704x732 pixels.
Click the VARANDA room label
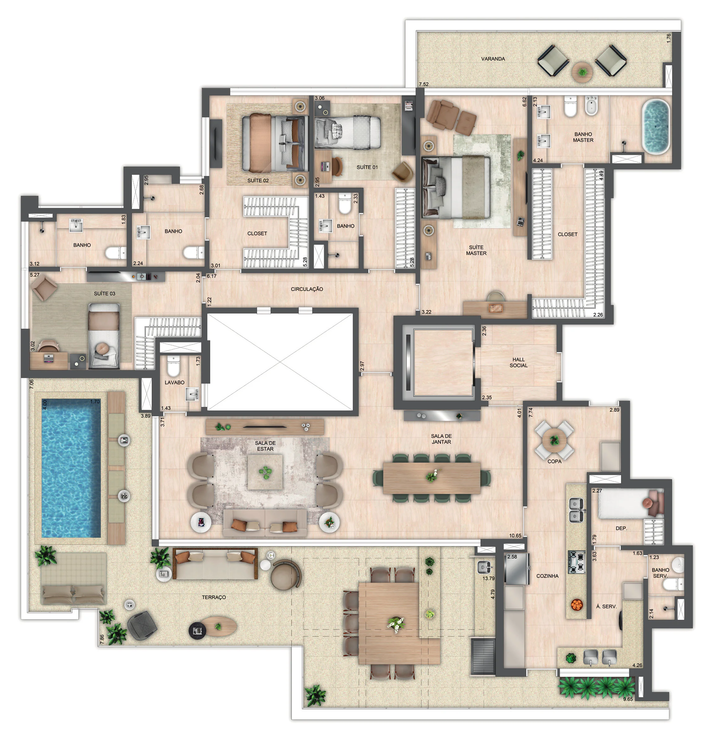(493, 59)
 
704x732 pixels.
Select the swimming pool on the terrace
(71, 468)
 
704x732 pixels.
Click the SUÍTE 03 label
(105, 294)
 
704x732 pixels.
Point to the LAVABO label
(174, 383)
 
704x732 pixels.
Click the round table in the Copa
(554, 440)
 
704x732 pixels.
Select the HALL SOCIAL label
(519, 362)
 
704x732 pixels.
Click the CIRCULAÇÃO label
(307, 289)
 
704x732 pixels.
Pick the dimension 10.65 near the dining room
(515, 536)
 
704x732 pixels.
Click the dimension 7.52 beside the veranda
(424, 84)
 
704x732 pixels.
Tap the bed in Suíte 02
(275, 143)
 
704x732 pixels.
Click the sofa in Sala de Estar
(265, 523)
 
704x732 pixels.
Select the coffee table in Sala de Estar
(265, 472)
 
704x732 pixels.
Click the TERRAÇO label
(214, 597)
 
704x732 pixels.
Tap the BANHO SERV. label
(660, 573)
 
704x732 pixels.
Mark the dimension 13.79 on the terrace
(488, 578)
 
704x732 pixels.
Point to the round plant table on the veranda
(582, 71)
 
